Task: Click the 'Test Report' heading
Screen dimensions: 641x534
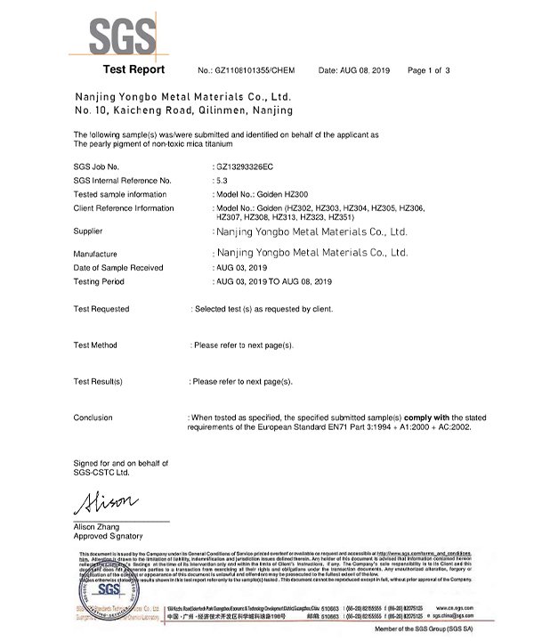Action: (x=133, y=69)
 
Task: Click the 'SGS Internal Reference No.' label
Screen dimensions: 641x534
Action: (x=124, y=179)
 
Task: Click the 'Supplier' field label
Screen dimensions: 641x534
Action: (x=88, y=230)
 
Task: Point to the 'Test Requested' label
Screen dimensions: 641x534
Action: (x=101, y=309)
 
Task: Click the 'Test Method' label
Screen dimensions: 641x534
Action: (x=95, y=345)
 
